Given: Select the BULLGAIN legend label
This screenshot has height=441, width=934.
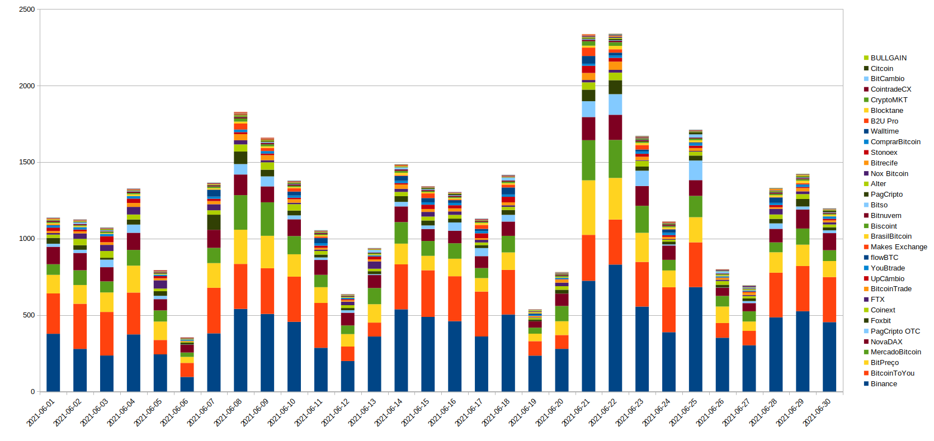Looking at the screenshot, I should click(x=888, y=58).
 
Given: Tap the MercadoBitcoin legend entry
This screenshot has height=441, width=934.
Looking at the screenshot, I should click(x=895, y=352).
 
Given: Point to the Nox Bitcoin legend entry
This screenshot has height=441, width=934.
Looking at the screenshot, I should click(x=889, y=174).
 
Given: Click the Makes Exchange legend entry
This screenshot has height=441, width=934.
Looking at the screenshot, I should click(x=898, y=247).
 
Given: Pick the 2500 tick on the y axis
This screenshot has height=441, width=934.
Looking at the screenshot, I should click(x=27, y=10).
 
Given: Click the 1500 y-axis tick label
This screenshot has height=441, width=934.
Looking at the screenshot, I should click(x=27, y=162).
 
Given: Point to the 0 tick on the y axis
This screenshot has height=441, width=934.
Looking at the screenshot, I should click(x=32, y=392).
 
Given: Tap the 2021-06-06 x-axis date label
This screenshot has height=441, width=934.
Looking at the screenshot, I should click(x=174, y=412).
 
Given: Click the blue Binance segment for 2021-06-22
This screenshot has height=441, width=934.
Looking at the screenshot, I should click(x=615, y=328).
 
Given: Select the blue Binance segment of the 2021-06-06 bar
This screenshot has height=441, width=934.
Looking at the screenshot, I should click(x=187, y=385).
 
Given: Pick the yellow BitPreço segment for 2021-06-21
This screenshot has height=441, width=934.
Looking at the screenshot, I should click(x=588, y=207).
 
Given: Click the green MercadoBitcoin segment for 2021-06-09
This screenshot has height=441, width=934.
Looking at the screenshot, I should click(x=267, y=219).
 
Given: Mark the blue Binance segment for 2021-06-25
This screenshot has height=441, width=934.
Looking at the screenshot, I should click(x=695, y=339).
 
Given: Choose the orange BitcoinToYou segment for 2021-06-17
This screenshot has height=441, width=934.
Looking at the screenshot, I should click(x=482, y=314).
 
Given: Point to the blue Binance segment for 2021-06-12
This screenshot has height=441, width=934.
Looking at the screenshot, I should click(x=348, y=376).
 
